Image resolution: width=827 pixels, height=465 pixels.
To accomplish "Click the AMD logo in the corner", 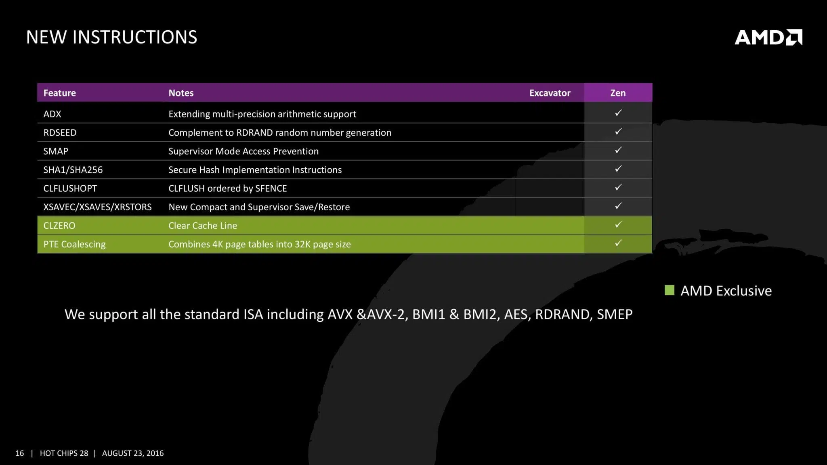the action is [768, 37].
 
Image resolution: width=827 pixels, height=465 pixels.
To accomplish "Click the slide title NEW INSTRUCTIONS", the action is [112, 37].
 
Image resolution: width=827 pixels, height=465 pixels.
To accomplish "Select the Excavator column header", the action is [550, 93].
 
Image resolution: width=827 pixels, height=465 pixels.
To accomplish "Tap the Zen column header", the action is [618, 93].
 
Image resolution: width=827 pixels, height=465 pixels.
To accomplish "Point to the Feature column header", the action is [59, 93].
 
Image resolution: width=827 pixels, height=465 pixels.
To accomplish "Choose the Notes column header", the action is [181, 93].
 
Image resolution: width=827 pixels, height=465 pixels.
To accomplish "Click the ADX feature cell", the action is [52, 114].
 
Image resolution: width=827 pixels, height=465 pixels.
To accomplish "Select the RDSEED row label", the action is [60, 132].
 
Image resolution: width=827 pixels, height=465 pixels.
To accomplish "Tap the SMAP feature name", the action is [56, 151].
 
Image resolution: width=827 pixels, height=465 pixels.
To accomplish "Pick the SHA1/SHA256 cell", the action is [73, 170].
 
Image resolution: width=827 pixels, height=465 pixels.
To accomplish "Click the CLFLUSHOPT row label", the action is [70, 188].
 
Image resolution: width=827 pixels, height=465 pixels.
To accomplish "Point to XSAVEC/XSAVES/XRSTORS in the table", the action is [97, 207].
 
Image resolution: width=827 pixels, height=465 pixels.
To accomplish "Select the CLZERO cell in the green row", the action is [59, 225].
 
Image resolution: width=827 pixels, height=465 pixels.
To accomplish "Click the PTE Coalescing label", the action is [74, 244].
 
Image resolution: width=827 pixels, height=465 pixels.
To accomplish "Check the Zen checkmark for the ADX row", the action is [618, 113].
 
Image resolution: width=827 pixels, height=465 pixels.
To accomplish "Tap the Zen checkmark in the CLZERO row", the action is [618, 224].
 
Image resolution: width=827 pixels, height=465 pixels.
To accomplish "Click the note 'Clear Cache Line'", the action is [203, 225].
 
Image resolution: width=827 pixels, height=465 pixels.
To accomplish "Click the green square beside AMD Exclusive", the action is [670, 290].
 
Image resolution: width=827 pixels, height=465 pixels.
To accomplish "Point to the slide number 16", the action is [20, 453].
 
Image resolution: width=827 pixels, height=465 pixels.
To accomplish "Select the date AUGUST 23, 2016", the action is [133, 453].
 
